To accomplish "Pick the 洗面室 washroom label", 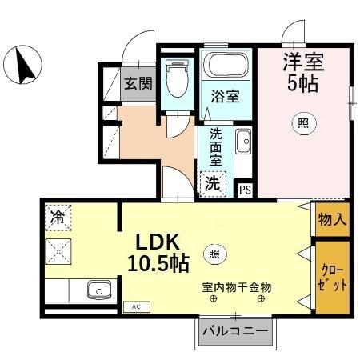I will pyautogui.click(x=216, y=147).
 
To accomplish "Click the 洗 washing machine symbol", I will pyautogui.click(x=212, y=182).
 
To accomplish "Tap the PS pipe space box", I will pyautogui.click(x=246, y=190).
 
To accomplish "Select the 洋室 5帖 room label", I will pyautogui.click(x=301, y=70).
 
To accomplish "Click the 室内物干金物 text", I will pyautogui.click(x=237, y=286).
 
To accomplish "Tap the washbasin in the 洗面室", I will pyautogui.click(x=242, y=144).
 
